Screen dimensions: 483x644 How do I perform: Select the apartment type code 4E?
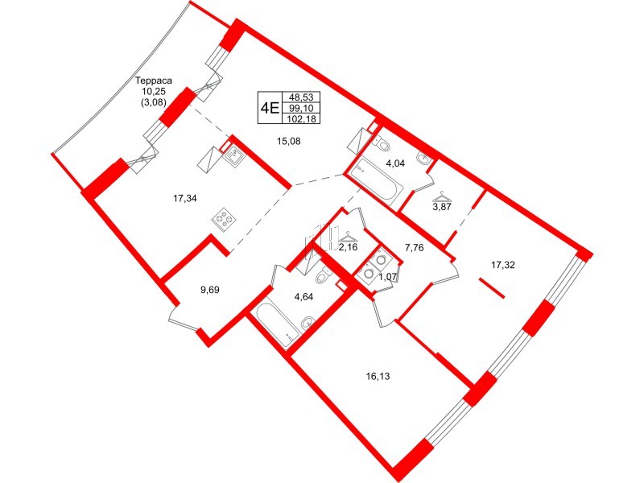click(269, 107)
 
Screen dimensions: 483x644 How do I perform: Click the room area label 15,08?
click(287, 142)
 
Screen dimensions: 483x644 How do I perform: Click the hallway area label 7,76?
click(415, 248)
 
